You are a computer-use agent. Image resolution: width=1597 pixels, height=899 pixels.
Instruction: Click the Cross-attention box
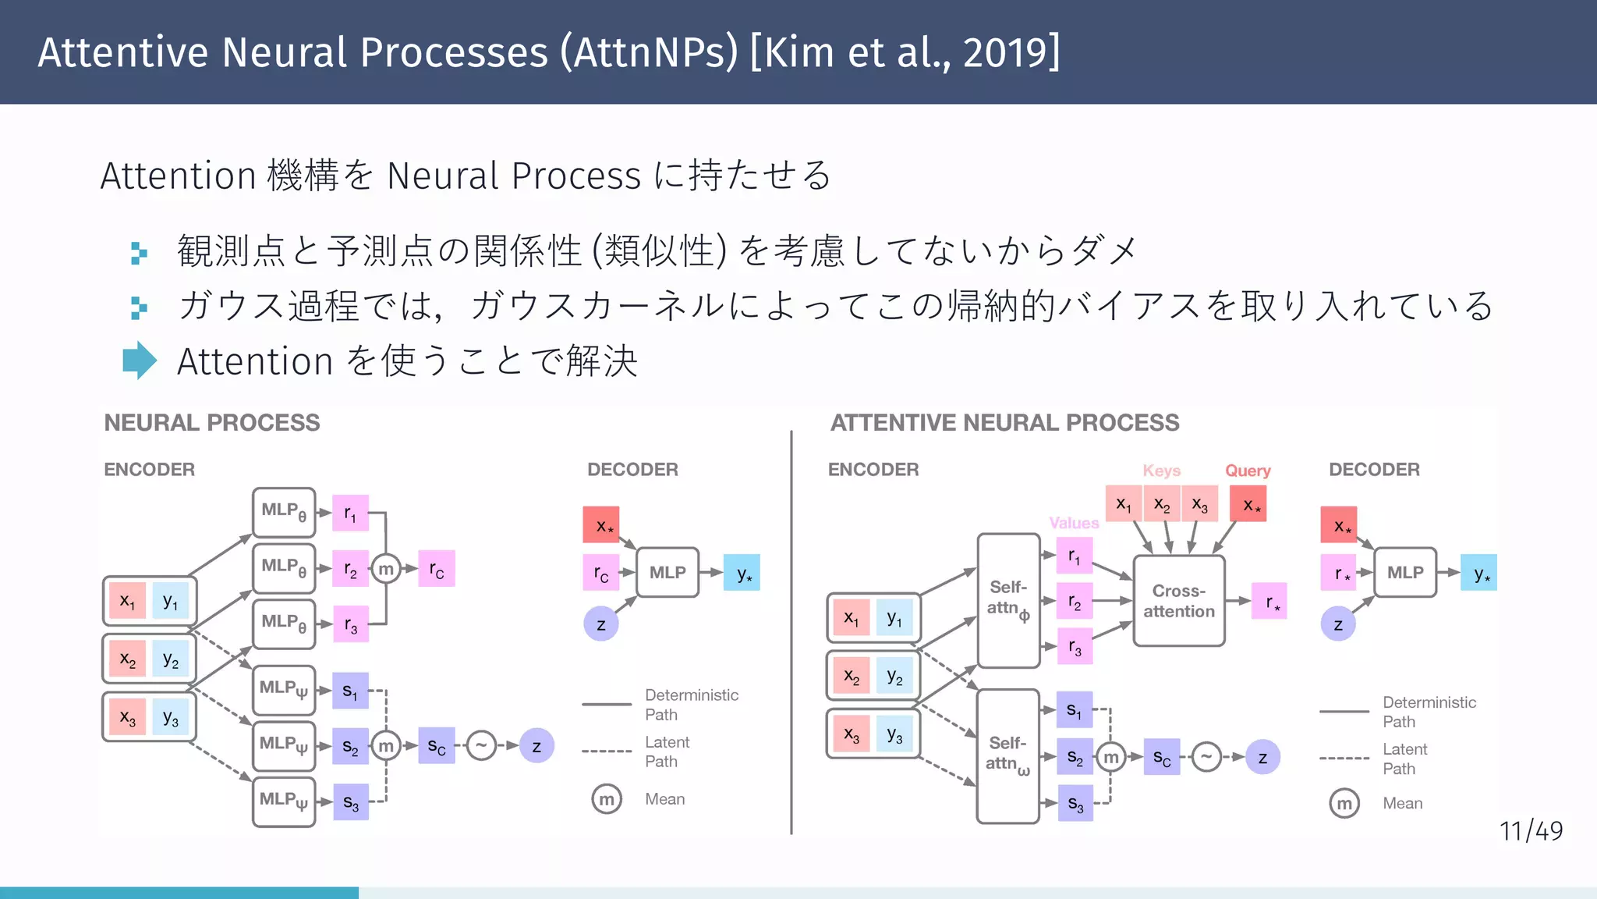point(1178,601)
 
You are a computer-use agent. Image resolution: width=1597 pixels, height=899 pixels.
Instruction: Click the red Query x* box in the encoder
point(1248,504)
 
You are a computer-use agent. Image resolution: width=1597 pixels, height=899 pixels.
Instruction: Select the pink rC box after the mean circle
point(437,569)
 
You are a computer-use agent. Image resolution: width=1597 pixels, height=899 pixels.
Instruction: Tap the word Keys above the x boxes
point(1161,471)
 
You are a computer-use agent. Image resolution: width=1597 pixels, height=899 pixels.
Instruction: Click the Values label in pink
point(1074,523)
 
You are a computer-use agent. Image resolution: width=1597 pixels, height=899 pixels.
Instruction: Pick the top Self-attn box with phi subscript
point(1008,600)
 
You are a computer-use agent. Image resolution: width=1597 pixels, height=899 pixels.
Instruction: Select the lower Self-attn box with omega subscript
point(1007,755)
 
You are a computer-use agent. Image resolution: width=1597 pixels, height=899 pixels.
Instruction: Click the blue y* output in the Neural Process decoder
point(742,574)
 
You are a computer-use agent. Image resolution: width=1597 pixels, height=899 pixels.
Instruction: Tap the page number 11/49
point(1531,831)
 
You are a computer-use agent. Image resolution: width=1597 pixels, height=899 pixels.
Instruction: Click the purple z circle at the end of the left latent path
point(536,746)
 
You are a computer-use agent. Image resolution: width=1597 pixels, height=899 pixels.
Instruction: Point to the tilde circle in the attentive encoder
point(1206,756)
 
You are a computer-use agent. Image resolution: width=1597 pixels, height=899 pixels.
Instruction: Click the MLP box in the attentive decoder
point(1404,573)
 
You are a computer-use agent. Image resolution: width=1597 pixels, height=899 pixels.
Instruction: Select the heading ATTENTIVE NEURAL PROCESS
point(1004,423)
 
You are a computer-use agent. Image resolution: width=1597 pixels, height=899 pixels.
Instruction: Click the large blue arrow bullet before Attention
point(140,361)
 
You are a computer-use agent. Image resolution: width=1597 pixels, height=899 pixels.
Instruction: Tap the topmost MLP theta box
point(284,512)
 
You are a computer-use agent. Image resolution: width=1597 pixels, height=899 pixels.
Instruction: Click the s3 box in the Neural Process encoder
point(350,802)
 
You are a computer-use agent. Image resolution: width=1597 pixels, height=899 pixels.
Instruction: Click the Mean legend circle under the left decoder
point(607,799)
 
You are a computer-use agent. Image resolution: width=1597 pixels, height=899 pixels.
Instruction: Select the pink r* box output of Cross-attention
point(1269,601)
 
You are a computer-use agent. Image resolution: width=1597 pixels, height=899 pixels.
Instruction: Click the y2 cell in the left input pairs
point(171,659)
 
